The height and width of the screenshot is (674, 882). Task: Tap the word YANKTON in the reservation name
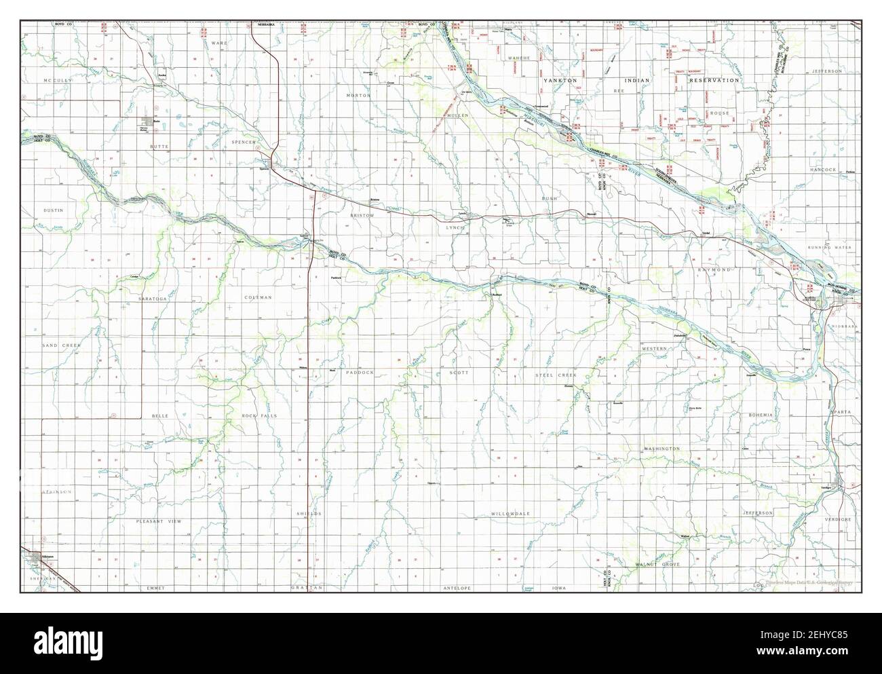pos(559,80)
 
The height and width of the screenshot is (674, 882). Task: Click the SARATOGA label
pos(151,299)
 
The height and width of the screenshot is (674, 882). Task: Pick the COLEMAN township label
pos(258,297)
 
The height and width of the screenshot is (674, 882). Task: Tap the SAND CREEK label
pos(62,345)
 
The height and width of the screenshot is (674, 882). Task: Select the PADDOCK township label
pos(360,373)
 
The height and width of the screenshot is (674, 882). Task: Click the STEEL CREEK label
pos(555,375)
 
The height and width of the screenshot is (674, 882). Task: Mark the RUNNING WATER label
pos(829,248)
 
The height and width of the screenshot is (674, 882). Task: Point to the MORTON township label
pos(358,96)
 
